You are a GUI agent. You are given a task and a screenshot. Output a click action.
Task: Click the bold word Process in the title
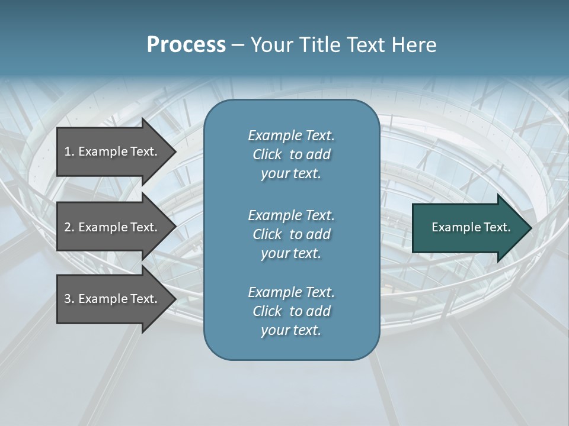pyautogui.click(x=186, y=45)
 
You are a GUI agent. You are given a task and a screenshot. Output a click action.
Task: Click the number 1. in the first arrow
pyautogui.click(x=69, y=151)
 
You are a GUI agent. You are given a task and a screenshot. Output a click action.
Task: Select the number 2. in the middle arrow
pyautogui.click(x=69, y=227)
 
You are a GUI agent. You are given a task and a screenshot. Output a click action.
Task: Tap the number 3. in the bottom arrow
pyautogui.click(x=69, y=299)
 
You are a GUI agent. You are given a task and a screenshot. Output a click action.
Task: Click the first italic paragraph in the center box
pyautogui.click(x=291, y=154)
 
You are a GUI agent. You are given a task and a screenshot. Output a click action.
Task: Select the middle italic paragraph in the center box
pyautogui.click(x=291, y=234)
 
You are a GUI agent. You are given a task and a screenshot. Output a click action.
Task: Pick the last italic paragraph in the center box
pyautogui.click(x=291, y=311)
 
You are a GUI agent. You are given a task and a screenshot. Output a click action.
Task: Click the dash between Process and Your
pyautogui.click(x=238, y=45)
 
